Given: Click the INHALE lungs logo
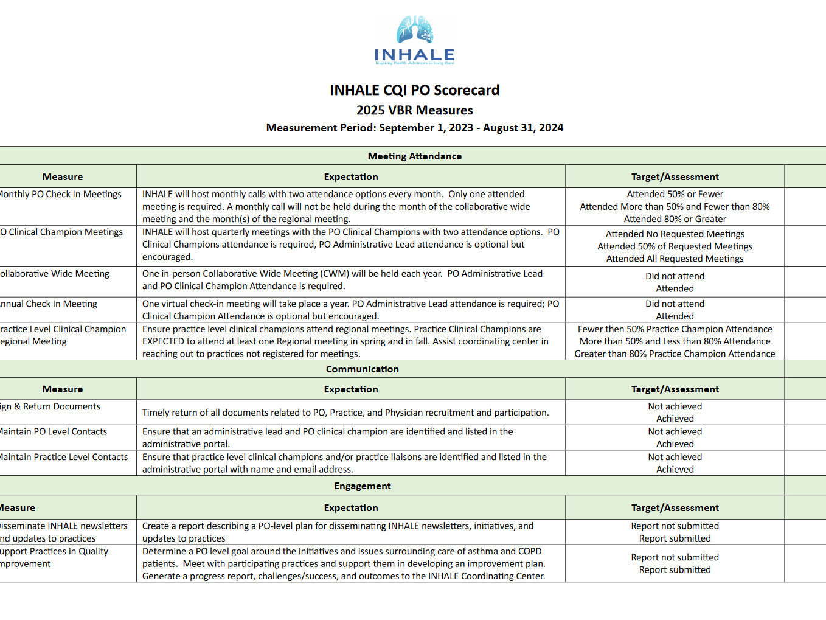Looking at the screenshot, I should tap(414, 40).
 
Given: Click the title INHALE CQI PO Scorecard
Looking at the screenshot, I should tap(414, 90).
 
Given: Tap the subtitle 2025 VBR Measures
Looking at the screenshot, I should tap(414, 110).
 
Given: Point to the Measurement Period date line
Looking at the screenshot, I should tap(414, 128).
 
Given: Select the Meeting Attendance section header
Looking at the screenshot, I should tap(414, 156).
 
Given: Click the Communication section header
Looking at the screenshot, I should tap(362, 369).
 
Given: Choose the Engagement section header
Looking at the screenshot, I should tap(362, 486).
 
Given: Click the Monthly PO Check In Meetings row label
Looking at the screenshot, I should tap(60, 194).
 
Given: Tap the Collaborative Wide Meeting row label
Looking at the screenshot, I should tap(55, 274).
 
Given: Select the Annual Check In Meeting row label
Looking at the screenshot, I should tap(49, 304).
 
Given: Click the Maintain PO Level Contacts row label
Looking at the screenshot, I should tap(54, 431).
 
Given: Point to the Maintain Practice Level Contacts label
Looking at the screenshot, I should tap(64, 457).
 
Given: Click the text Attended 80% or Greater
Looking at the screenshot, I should tap(675, 219).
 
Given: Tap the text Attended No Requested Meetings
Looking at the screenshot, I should tap(675, 234).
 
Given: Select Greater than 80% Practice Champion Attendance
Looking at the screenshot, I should tap(675, 354).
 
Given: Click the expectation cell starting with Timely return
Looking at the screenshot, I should tap(345, 413).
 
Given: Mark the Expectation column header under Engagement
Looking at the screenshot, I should tap(350, 508).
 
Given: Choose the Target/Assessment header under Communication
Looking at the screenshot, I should tap(675, 389).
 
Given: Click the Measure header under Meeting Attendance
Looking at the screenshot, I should tap(63, 177).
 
